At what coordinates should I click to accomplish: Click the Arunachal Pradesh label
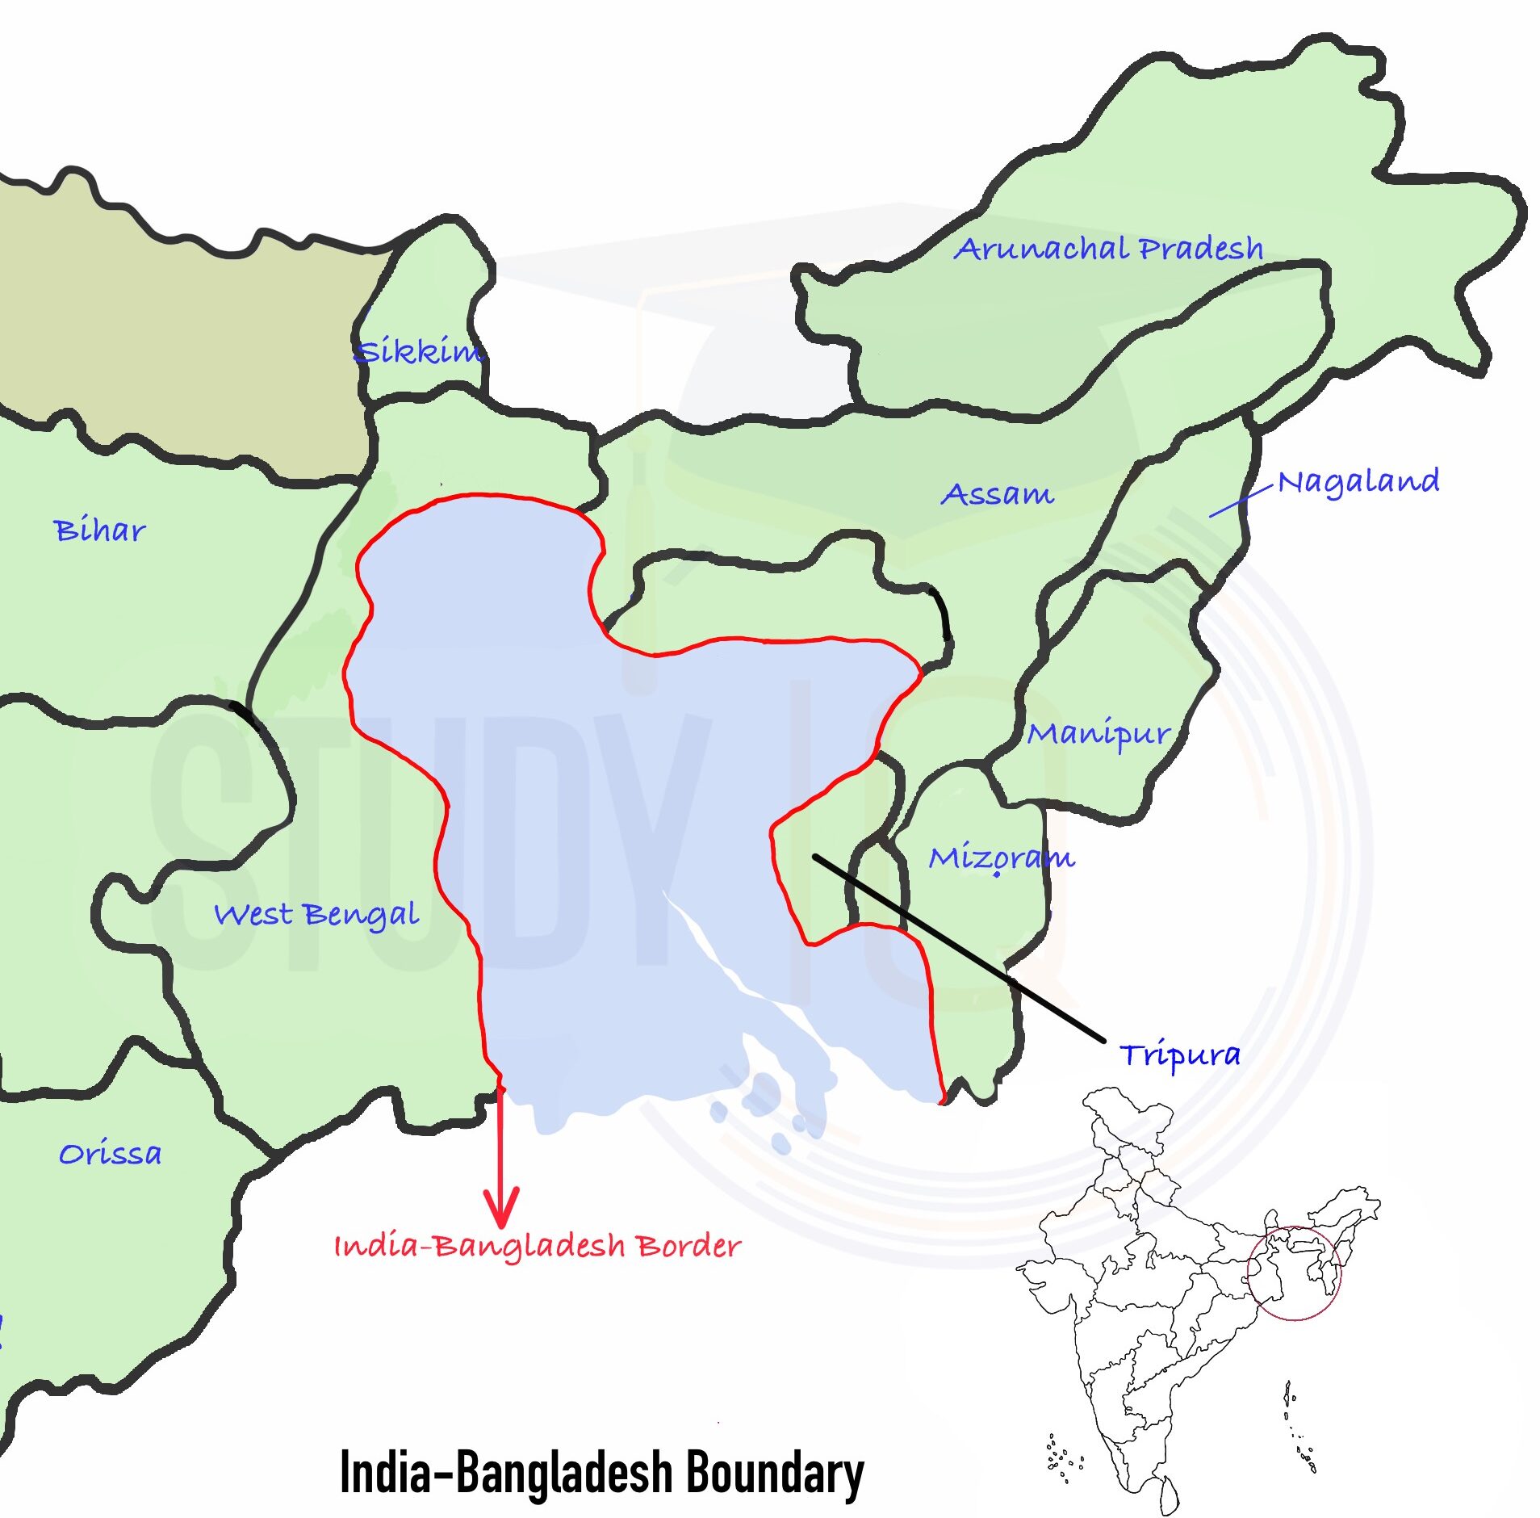coord(1107,248)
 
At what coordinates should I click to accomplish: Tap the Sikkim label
coord(418,351)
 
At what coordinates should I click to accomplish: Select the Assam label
coord(997,493)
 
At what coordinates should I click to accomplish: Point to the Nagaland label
coord(1358,482)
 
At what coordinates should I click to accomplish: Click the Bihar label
coord(99,530)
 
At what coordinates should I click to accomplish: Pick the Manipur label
coord(1098,733)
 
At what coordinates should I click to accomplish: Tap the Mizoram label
coord(1001,857)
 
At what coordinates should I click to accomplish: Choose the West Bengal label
coord(316,915)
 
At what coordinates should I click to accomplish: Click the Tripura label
coord(1179,1055)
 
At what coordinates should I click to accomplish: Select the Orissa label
coord(110,1154)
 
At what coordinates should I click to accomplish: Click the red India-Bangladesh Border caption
coord(537,1246)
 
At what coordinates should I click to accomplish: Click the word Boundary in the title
coord(774,1471)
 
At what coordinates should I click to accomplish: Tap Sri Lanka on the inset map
coord(1168,1493)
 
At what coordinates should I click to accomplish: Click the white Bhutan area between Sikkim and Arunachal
coord(646,339)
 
